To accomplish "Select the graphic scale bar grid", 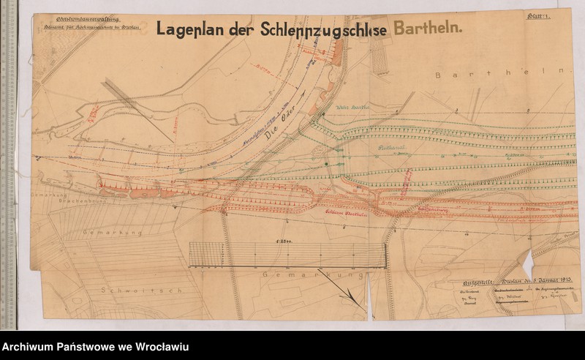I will [287, 254].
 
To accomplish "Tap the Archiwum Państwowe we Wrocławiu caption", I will [95, 346].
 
